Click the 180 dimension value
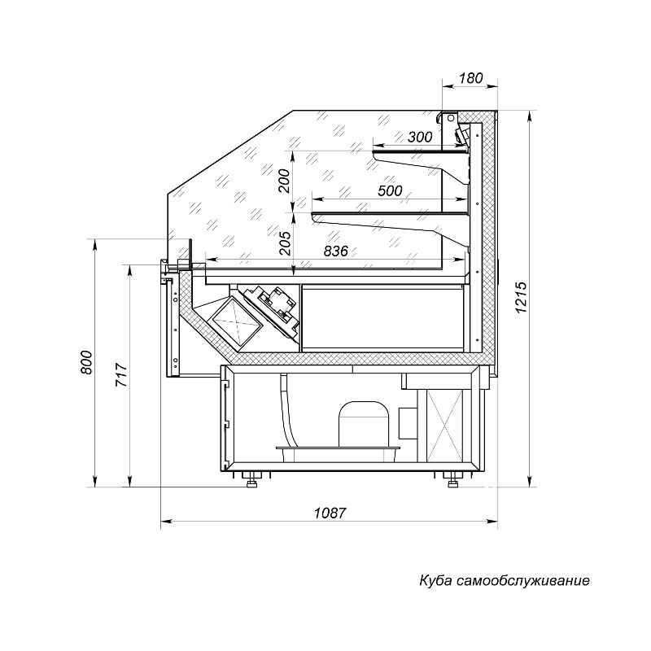[471, 78]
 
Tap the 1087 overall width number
[330, 513]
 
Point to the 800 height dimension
[86, 362]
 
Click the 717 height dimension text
[120, 374]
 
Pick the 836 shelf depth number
[335, 251]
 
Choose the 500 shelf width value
[391, 190]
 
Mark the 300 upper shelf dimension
[420, 137]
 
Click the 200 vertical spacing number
[284, 181]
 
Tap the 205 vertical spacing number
[284, 242]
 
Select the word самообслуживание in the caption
[522, 580]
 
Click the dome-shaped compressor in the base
[365, 424]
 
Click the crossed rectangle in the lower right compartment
[444, 425]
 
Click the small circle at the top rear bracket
[450, 118]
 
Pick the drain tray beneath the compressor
[338, 453]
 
